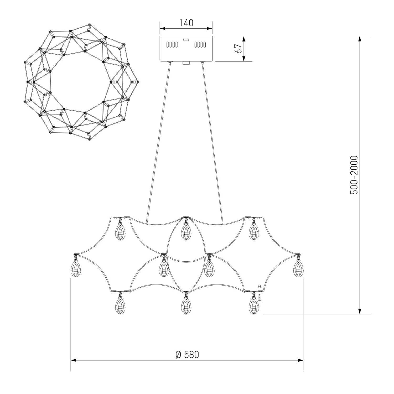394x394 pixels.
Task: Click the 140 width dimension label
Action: [x=186, y=23]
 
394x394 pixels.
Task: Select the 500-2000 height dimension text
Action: [x=354, y=175]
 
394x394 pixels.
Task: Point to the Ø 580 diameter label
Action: [x=187, y=355]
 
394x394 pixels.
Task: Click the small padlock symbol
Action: [x=260, y=286]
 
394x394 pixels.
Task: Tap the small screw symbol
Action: [x=260, y=297]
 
